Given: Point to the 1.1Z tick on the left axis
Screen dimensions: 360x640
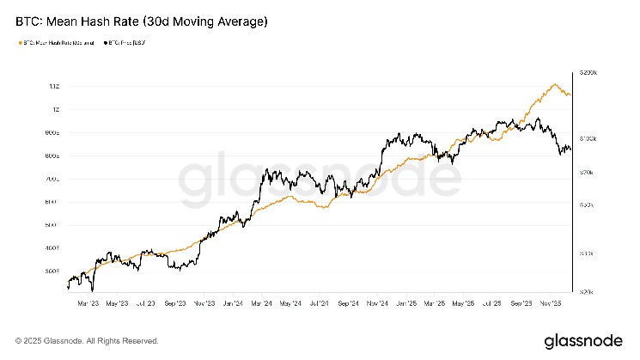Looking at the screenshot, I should [x=54, y=87].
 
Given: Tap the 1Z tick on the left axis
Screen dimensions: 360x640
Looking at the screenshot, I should [x=55, y=110].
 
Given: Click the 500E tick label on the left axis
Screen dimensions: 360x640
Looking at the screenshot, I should [x=52, y=225].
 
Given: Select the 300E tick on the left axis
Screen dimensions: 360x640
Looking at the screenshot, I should [x=52, y=271].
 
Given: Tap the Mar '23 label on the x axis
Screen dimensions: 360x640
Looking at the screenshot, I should [x=86, y=303].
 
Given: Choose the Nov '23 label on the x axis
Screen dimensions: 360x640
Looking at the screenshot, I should [x=204, y=303].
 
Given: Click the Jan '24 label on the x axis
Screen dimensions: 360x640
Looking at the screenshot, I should [x=234, y=303].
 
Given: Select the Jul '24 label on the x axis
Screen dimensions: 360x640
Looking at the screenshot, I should [x=320, y=303].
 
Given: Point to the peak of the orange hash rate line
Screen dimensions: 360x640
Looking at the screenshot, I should [x=556, y=84].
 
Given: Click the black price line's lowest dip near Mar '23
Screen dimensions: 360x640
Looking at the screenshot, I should [x=92, y=290].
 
